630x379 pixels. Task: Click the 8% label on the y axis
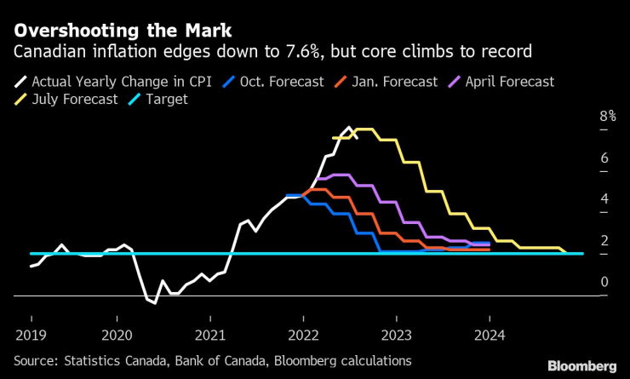[x=583, y=117]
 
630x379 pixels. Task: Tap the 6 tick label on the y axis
[x=580, y=158]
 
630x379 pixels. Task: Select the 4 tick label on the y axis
[x=580, y=199]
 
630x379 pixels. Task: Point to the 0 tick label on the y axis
[x=580, y=282]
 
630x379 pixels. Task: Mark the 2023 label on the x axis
[x=397, y=335]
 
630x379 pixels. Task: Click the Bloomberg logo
[x=581, y=365]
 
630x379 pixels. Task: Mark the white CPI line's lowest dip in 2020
[x=154, y=302]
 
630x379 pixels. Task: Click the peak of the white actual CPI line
[x=349, y=128]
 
